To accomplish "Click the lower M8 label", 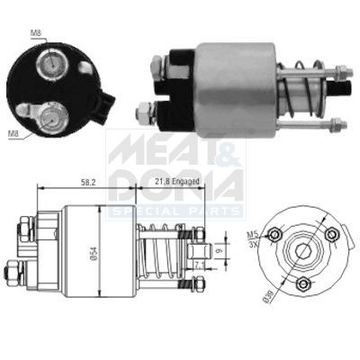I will pyautogui.click(x=12, y=135).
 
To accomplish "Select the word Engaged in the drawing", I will pyautogui.click(x=191, y=183).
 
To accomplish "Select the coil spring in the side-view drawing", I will pyautogui.click(x=162, y=255).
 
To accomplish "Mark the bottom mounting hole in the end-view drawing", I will pyautogui.click(x=303, y=285).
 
